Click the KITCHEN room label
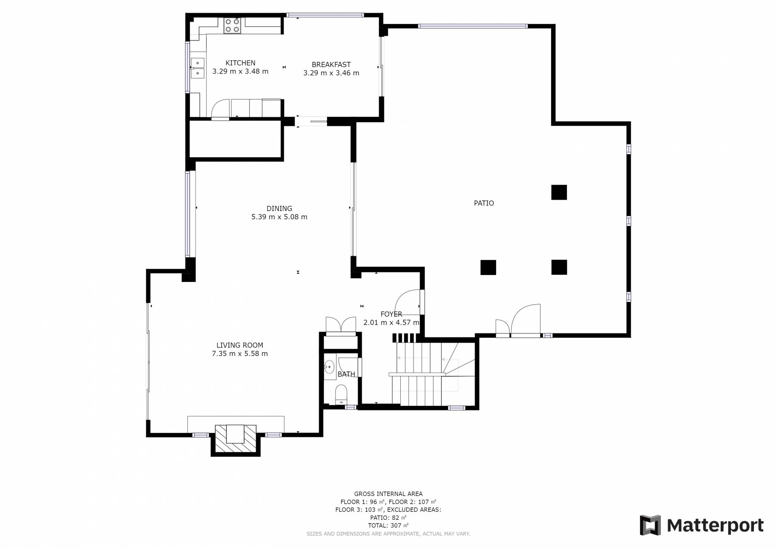click(240, 63)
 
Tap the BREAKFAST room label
click(331, 65)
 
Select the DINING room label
click(279, 209)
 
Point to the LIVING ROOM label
click(240, 346)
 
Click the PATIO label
click(484, 203)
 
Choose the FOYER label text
click(391, 314)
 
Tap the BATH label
click(346, 374)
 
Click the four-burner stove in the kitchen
click(232, 25)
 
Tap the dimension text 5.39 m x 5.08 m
click(279, 217)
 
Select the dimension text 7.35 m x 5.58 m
click(240, 354)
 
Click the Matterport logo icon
click(650, 525)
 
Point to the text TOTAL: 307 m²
click(388, 526)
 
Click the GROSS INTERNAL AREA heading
click(388, 494)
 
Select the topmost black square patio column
click(559, 193)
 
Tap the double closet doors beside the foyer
click(341, 325)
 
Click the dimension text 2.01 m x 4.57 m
click(391, 323)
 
